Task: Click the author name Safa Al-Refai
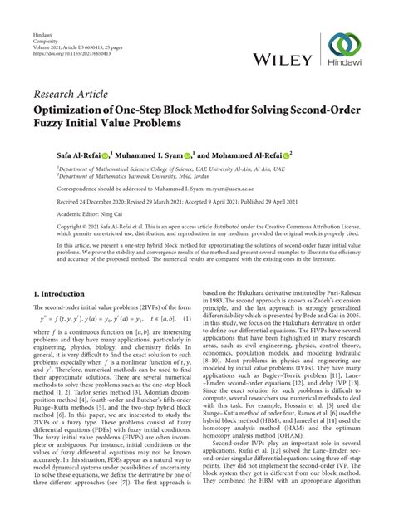click(x=59, y=155)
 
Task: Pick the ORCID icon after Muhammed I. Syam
click(x=187, y=155)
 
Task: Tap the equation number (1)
click(x=188, y=321)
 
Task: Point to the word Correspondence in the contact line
click(x=55, y=189)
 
